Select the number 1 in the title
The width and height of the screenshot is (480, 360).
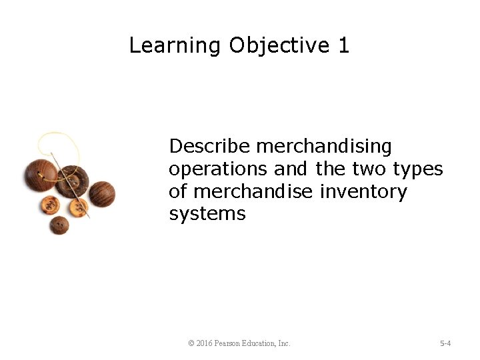click(x=343, y=45)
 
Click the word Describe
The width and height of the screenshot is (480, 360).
click(x=210, y=146)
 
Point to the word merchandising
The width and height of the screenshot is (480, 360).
click(x=325, y=147)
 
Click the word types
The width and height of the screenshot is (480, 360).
click(x=418, y=170)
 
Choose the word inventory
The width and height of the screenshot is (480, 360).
click(x=363, y=192)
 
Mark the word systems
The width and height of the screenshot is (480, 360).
click(x=207, y=215)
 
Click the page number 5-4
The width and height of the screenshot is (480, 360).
click(x=445, y=343)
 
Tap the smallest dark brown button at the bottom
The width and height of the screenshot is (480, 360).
click(x=59, y=225)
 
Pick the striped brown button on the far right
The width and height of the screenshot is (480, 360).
click(x=102, y=193)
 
